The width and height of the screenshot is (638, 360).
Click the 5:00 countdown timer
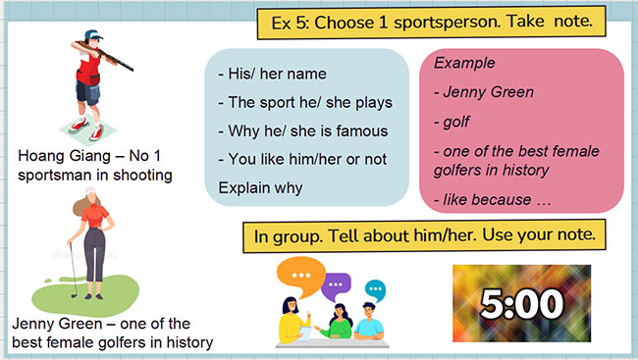519,302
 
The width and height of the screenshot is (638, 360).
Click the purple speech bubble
338,284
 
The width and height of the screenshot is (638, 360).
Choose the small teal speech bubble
374,289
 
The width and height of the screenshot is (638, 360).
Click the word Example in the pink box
464,63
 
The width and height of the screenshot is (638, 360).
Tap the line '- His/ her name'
272,74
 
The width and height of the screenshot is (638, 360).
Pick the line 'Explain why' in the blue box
259,186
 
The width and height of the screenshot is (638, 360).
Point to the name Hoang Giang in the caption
59,155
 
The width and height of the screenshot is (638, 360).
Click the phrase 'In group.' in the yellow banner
290,236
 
